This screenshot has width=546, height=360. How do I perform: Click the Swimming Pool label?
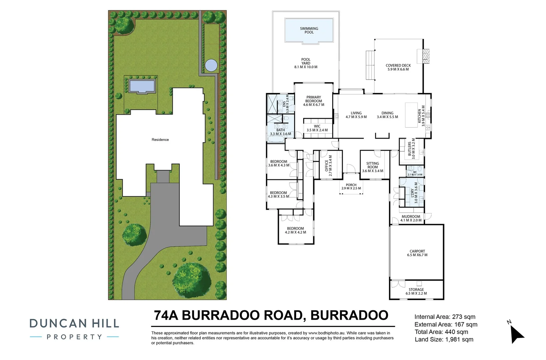pos(309,30)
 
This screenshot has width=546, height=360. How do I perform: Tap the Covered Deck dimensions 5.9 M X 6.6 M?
pos(398,69)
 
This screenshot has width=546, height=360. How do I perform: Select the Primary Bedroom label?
pos(314,99)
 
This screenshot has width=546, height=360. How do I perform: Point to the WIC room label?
pos(317,126)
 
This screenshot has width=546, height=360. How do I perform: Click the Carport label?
pos(417,251)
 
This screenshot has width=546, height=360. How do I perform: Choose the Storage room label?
pos(416,290)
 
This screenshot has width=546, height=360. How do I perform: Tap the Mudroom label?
pos(411,217)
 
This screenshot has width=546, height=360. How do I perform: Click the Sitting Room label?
pos(373,165)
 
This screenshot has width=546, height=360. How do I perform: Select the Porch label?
pos(351,185)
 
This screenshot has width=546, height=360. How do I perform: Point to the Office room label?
pos(327,166)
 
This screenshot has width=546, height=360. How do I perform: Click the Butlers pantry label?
pos(410,149)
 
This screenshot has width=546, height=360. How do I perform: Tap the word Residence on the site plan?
pos(160,140)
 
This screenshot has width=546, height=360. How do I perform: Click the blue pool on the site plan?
pos(142,86)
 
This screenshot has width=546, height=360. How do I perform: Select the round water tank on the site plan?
pos(211,65)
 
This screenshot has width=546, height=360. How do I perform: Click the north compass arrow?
pos(517,334)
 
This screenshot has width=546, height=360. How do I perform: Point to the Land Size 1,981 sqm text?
pos(444,339)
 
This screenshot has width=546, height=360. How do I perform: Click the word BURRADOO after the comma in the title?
pos(349,315)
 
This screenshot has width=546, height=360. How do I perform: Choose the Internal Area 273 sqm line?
pos(445,317)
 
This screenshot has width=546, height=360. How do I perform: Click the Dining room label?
pos(387,113)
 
